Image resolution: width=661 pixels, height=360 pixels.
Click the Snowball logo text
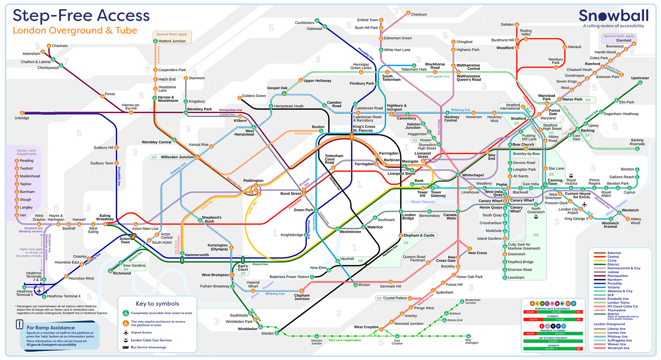613,16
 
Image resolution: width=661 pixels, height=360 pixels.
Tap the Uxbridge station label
22,118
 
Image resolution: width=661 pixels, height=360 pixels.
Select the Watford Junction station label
172,41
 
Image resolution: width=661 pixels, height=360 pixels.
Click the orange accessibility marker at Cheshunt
408,13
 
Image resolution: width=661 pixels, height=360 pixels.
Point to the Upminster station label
640,78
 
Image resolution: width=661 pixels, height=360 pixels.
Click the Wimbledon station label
248,329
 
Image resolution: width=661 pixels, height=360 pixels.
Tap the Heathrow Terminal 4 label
64,296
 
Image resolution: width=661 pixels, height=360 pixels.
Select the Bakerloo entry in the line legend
614,253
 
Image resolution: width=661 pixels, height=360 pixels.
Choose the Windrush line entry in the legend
618,348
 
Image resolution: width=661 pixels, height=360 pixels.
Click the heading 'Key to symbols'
157,304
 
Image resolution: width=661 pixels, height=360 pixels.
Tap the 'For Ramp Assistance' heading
51,328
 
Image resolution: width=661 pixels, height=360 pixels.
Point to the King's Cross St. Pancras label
363,128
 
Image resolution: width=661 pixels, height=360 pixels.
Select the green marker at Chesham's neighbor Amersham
43,52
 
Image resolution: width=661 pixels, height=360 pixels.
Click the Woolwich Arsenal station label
610,225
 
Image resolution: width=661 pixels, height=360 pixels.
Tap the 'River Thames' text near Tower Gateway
423,202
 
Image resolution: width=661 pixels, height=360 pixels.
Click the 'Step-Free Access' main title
81,16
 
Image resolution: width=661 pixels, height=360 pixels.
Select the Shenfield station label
623,41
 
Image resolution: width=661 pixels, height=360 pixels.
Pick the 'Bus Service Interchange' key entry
148,347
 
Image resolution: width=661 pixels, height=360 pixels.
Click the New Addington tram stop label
471,341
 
